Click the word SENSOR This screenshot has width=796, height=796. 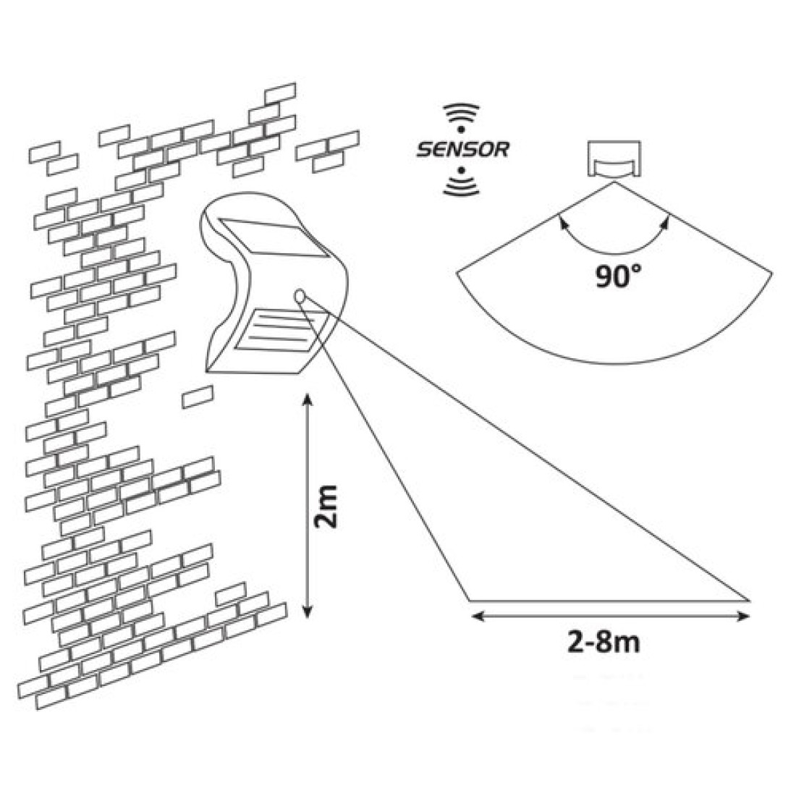[x=462, y=149]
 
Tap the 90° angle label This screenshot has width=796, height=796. [x=618, y=276]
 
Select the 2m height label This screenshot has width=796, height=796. [x=326, y=506]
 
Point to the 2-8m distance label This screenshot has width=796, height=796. [x=603, y=643]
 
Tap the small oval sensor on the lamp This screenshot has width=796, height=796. [x=300, y=296]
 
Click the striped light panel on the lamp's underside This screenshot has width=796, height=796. [x=281, y=329]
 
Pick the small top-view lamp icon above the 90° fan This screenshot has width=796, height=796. [x=614, y=159]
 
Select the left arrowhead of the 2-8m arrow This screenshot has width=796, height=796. [x=477, y=617]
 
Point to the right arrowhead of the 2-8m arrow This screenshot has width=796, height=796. [x=743, y=617]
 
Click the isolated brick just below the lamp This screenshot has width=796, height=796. [x=198, y=397]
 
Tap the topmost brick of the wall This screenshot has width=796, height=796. [x=280, y=93]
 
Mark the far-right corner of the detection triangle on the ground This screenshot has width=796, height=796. [x=750, y=601]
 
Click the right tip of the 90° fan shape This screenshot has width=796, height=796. [x=772, y=273]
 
